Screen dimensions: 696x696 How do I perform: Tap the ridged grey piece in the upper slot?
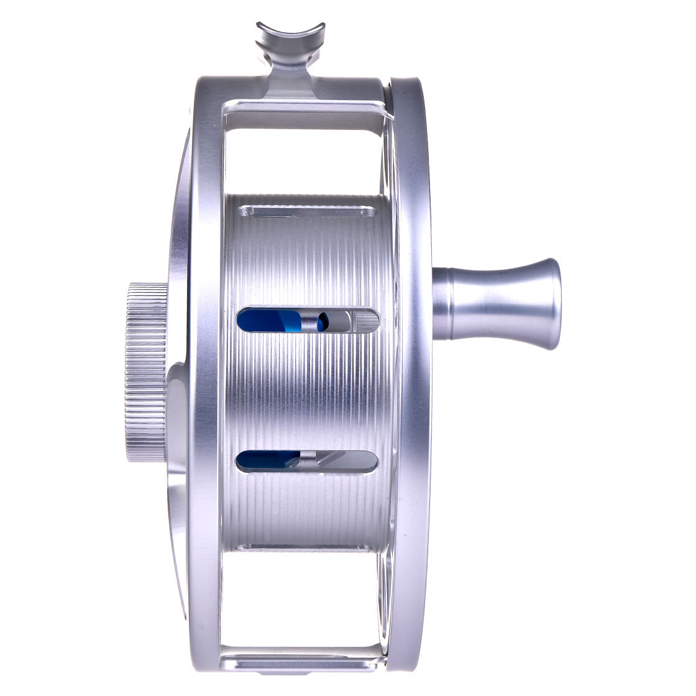point(367,321)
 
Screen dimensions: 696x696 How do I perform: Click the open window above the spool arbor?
point(304,155)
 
